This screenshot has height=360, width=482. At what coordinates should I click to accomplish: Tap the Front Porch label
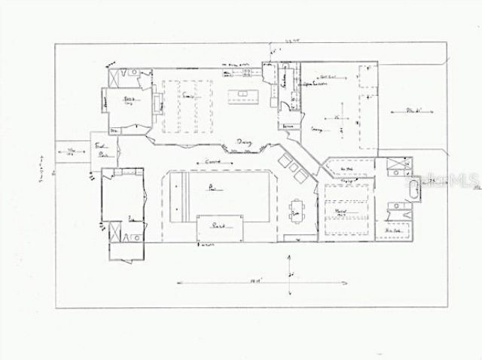click(x=101, y=148)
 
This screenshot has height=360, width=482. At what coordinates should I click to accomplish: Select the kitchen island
click(x=243, y=96)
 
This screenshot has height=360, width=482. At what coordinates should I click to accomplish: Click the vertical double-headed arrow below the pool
click(x=288, y=268)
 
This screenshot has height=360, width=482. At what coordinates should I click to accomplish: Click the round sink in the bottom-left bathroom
click(x=132, y=236)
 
